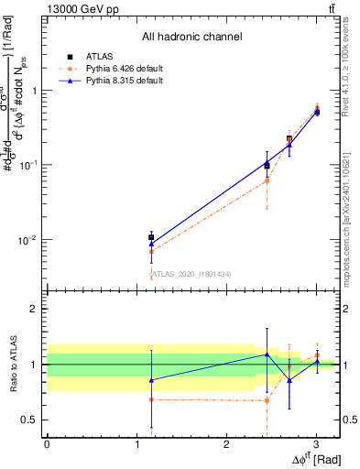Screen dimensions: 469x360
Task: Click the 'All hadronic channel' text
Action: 191,37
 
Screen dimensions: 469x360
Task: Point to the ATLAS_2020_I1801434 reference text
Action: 190,274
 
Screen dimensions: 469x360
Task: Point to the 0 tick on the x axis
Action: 47,443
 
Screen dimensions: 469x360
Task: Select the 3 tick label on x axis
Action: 315,443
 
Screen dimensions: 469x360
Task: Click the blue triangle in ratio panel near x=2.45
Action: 267,354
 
